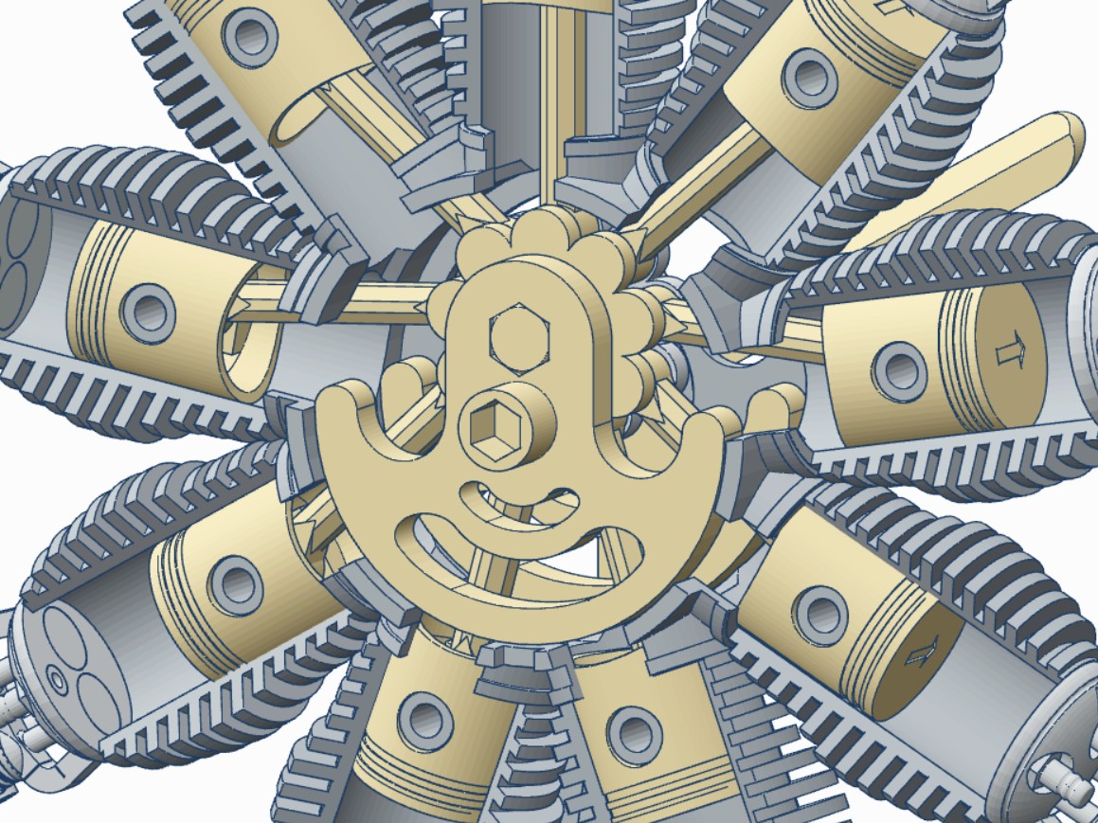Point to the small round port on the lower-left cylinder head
pyautogui.click(x=57, y=681)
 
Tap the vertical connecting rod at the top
pyautogui.click(x=549, y=95)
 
